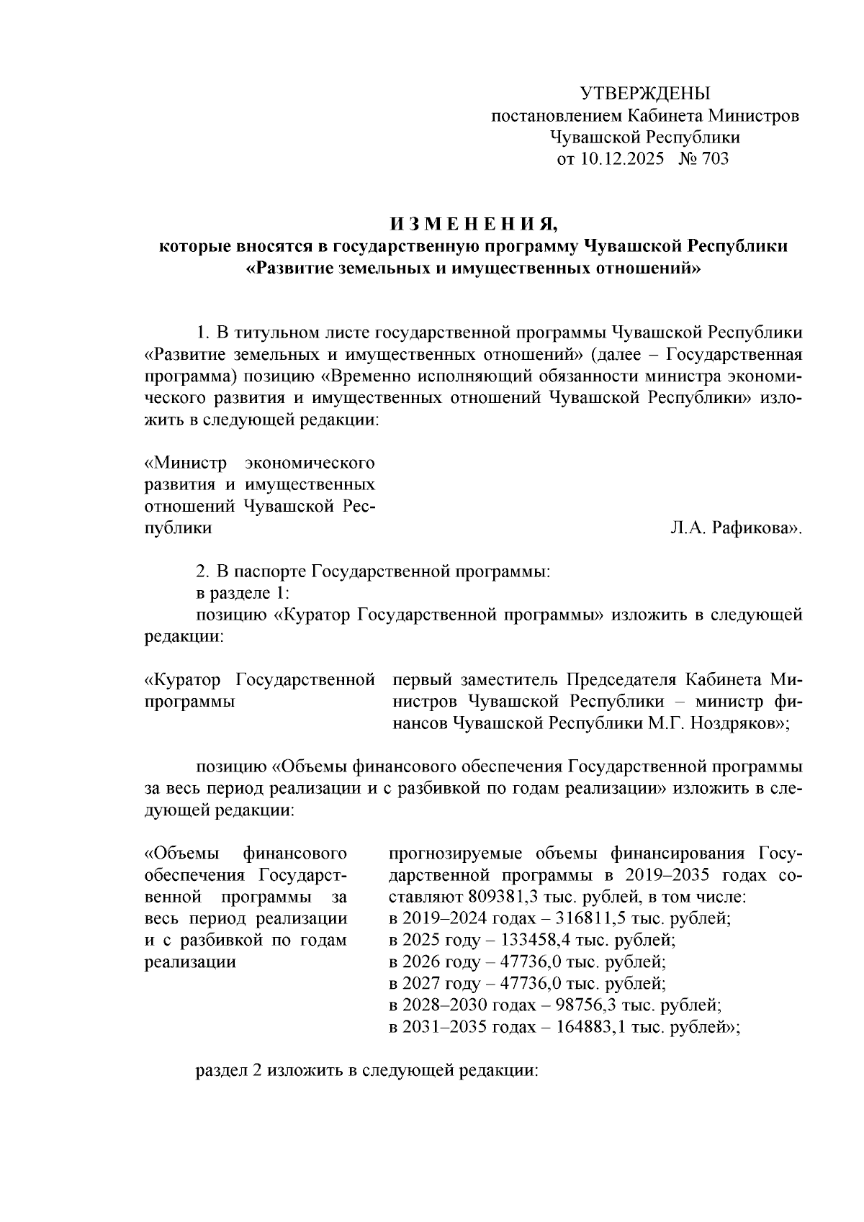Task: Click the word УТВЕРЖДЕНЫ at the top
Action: click(x=644, y=94)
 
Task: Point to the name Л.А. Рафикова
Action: click(x=734, y=528)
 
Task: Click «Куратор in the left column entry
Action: click(x=186, y=680)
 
